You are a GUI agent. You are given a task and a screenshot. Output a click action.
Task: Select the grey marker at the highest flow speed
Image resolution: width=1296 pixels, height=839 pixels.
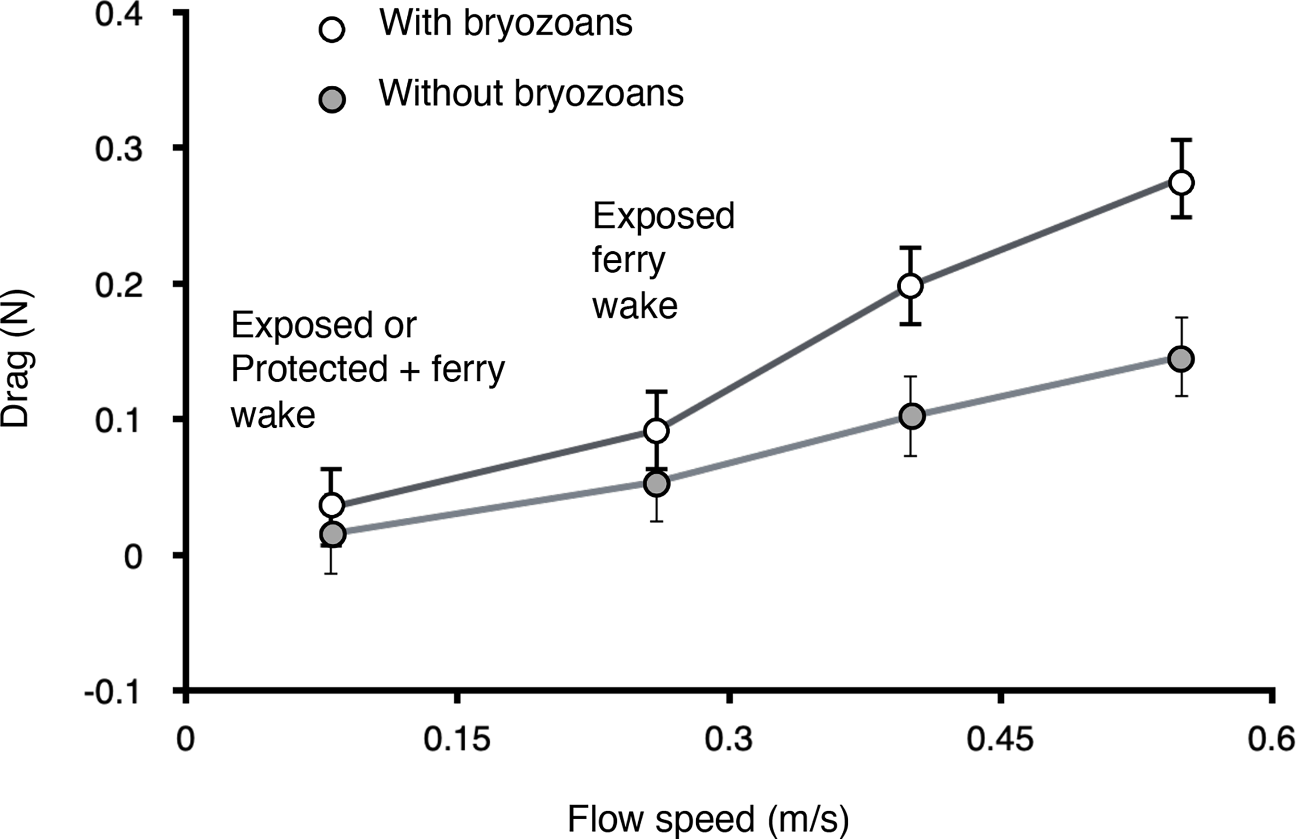point(1181,358)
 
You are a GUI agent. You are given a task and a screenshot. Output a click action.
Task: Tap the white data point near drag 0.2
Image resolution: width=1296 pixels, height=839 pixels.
point(911,285)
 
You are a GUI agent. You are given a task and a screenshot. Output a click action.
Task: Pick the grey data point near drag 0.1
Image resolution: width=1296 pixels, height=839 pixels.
point(911,416)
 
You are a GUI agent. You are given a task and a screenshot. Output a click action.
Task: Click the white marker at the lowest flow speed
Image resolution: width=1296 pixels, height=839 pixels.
point(332,505)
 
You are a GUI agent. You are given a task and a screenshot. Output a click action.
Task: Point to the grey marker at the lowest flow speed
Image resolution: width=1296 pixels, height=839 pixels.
point(332,534)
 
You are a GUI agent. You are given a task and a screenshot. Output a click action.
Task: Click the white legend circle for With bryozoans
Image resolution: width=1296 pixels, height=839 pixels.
point(332,29)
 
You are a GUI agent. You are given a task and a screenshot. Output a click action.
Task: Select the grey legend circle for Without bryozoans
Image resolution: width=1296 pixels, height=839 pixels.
point(332,100)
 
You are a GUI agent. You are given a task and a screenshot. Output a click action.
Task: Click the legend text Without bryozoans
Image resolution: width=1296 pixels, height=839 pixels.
point(531,94)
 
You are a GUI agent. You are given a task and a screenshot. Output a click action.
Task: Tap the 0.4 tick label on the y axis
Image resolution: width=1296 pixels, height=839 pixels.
point(119,14)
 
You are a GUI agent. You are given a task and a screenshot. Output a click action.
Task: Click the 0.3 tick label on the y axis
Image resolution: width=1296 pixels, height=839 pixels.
point(119,149)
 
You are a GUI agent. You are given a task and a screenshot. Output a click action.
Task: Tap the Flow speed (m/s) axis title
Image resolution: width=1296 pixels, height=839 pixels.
point(708,819)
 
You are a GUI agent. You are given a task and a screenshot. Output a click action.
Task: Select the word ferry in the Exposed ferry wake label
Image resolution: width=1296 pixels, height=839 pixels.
point(629,261)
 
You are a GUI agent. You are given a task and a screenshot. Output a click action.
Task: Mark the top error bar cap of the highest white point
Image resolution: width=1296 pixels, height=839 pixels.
point(1181,141)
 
